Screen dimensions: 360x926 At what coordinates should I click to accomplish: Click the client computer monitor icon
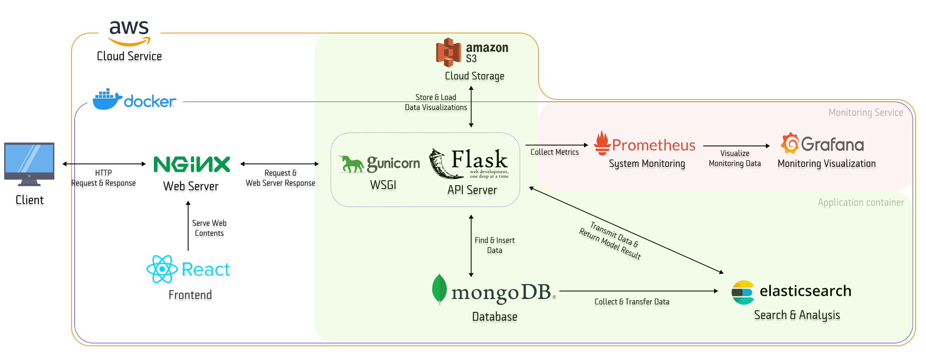coord(29,163)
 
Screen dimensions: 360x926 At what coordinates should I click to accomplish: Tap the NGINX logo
coord(191,164)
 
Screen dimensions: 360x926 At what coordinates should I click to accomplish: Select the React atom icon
coord(162,269)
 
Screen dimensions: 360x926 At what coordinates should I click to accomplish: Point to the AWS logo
coord(129,33)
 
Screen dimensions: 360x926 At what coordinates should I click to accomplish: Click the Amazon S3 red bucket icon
coord(448,53)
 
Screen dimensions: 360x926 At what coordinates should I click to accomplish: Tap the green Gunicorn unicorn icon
coord(351,164)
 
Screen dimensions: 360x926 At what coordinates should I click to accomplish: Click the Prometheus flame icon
coord(602,143)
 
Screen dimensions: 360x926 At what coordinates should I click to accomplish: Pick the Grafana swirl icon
coord(790,143)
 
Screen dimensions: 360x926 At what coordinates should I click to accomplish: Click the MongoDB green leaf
coord(439,289)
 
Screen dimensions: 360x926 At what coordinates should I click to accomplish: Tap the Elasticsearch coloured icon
coord(743,292)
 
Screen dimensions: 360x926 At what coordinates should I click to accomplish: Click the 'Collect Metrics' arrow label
coord(554,152)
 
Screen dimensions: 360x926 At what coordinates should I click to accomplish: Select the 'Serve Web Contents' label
coord(209,228)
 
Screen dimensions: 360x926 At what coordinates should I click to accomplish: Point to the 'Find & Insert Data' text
coord(495,245)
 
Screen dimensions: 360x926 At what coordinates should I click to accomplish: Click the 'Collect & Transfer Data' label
coord(632,302)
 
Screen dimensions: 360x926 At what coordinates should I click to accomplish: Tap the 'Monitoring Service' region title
coord(865,112)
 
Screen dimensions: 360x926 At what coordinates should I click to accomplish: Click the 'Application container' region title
coord(860,203)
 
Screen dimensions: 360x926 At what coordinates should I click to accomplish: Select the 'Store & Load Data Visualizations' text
coord(436,102)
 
